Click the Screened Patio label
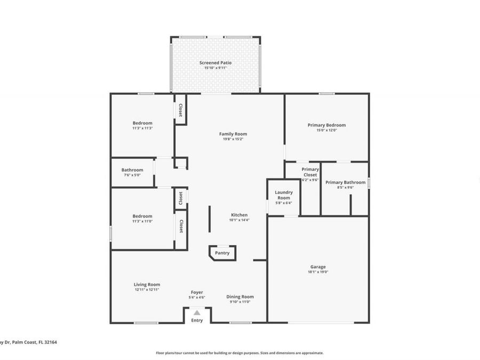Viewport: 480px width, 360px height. [x=215, y=63]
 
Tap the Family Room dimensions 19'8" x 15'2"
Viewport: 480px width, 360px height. [x=233, y=139]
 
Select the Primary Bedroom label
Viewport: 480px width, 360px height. [x=326, y=125]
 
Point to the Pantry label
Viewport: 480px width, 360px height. [x=222, y=253]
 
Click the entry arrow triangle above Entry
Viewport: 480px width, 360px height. [x=197, y=313]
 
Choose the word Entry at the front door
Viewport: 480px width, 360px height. [x=197, y=320]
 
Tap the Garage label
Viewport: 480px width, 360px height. [x=318, y=267]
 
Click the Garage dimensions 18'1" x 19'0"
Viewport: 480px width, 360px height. [x=318, y=272]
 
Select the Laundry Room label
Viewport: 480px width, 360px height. [x=284, y=195]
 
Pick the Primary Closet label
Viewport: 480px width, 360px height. [x=310, y=172]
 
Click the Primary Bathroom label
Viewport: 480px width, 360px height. [x=346, y=182]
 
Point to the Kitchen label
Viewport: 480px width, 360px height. [x=239, y=215]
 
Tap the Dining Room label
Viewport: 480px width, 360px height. [x=240, y=297]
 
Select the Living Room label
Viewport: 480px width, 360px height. [x=147, y=284]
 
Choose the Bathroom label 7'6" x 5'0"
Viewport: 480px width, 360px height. [x=132, y=170]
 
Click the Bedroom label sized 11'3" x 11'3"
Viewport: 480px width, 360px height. [x=142, y=123]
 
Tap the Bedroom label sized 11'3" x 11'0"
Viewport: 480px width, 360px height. [x=142, y=216]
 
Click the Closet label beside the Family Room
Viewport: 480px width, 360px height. [x=181, y=110]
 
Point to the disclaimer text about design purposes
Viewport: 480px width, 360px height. [x=239, y=353]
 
